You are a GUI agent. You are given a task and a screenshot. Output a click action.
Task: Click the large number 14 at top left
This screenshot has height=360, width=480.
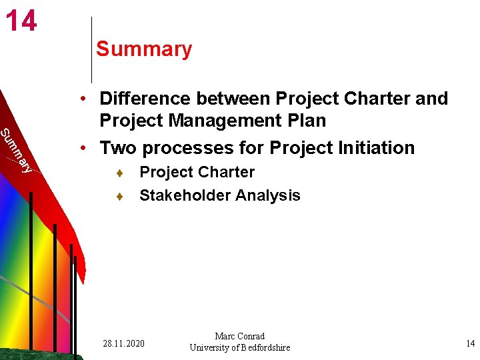[21, 21]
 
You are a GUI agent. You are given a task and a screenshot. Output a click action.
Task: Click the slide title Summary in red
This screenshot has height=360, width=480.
[144, 49]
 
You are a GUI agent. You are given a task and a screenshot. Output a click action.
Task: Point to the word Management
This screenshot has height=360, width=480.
[226, 121]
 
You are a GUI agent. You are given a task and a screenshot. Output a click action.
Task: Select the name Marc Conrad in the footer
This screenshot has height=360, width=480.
[240, 336]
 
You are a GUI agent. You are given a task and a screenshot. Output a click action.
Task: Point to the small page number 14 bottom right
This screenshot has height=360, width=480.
[470, 343]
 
